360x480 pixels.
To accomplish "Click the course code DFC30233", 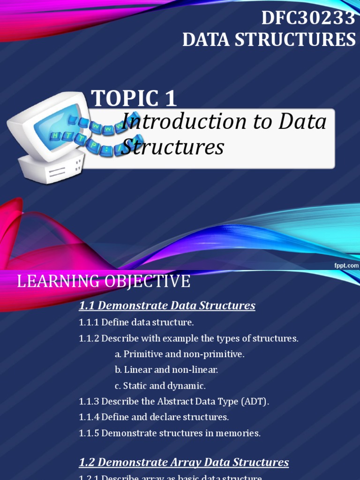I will click(x=308, y=18).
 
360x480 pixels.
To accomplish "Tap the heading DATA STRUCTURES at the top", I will click(x=269, y=40).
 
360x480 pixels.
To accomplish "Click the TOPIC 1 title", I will click(x=134, y=98).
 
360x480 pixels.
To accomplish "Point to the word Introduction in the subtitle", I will click(x=178, y=122).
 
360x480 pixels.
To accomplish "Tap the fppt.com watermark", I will click(x=346, y=265).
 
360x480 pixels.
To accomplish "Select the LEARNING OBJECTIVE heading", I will click(x=104, y=282).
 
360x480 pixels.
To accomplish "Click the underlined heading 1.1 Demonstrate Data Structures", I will click(x=167, y=306).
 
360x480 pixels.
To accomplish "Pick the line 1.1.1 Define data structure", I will click(x=136, y=322).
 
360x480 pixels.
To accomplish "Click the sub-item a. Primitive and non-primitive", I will click(x=179, y=354).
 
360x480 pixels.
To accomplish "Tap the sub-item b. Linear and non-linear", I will click(x=166, y=370).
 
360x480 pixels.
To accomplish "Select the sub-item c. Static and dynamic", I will click(x=160, y=386).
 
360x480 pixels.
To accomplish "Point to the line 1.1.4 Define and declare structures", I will click(x=154, y=417).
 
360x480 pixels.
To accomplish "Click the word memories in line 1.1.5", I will click(x=239, y=433).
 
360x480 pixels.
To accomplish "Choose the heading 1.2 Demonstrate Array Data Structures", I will click(x=184, y=462).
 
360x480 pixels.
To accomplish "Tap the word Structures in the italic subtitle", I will click(x=172, y=147).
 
